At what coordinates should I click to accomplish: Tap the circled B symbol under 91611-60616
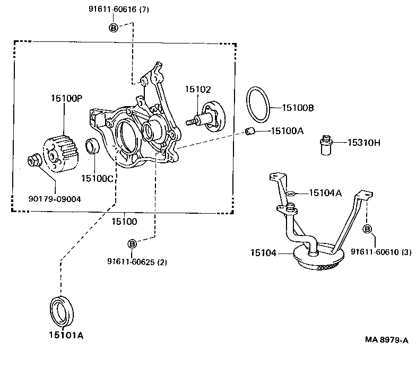click(x=114, y=27)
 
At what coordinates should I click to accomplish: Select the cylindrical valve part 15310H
click(x=325, y=144)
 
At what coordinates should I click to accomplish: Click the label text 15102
click(x=198, y=90)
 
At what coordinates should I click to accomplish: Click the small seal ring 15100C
click(x=92, y=146)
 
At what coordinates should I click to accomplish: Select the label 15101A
click(x=66, y=336)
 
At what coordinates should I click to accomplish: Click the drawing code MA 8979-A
click(x=387, y=339)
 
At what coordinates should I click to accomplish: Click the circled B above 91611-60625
click(x=132, y=244)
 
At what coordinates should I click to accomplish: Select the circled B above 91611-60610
click(x=367, y=229)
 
